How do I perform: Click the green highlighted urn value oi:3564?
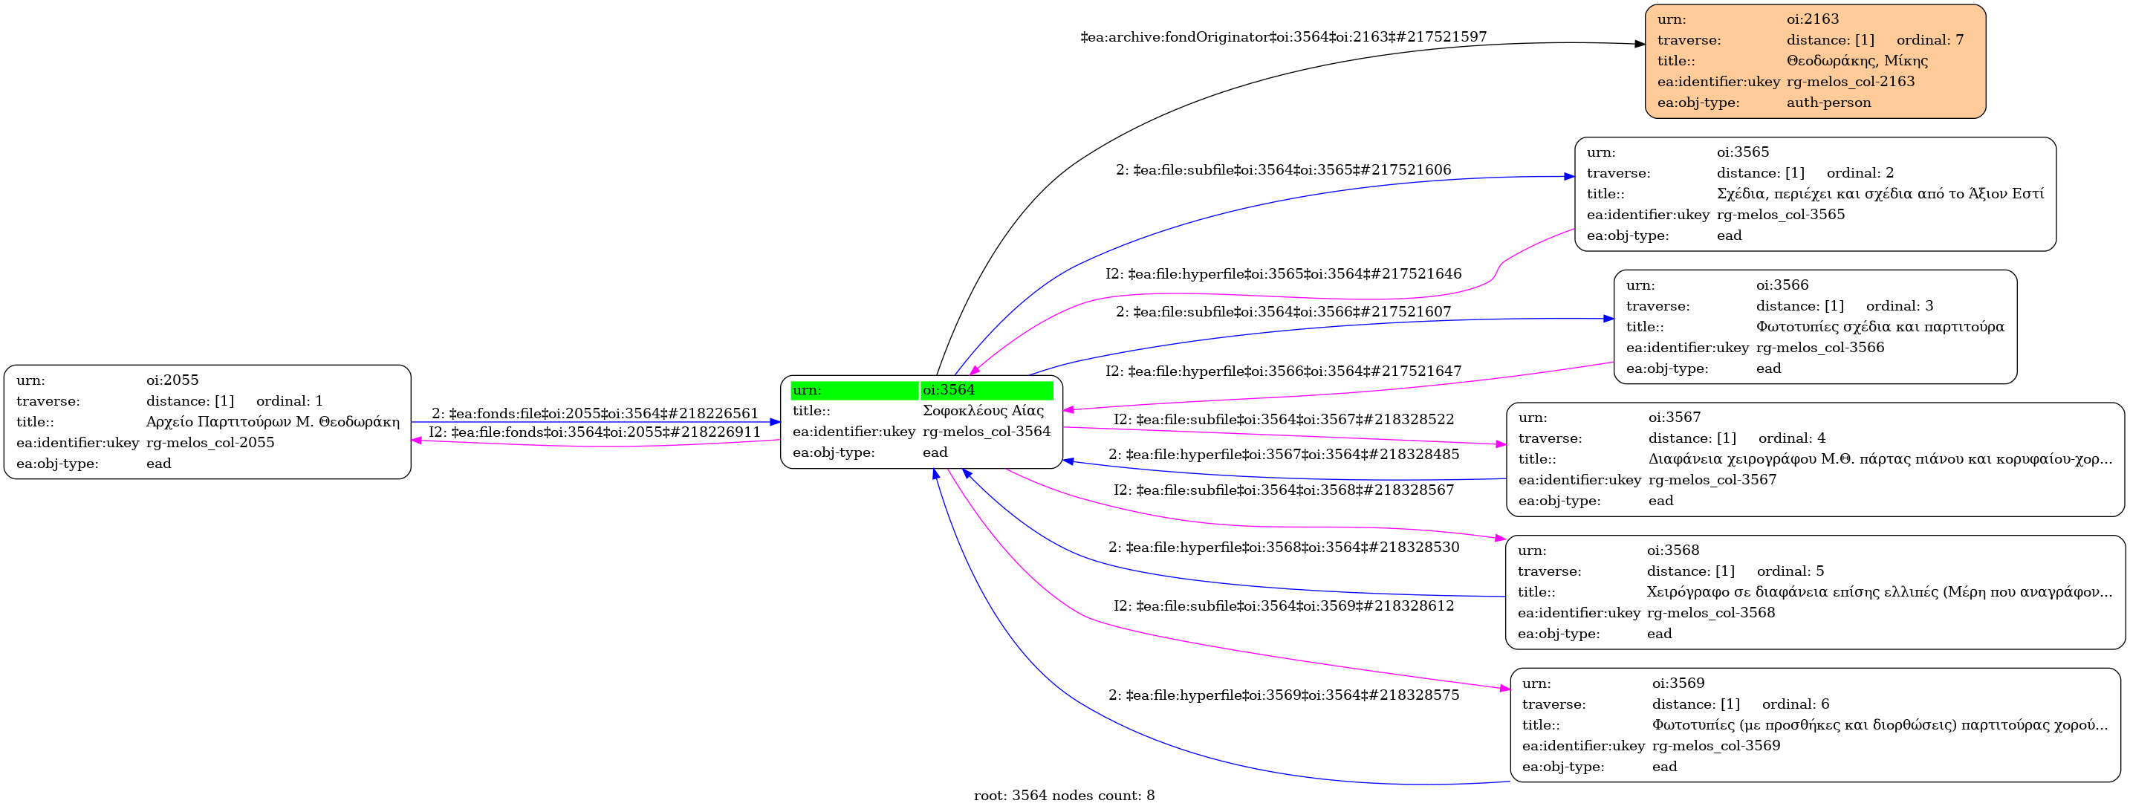(x=949, y=390)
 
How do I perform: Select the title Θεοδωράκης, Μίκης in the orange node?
(x=1857, y=61)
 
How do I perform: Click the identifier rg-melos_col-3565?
(x=1780, y=215)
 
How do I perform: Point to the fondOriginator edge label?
(x=1283, y=37)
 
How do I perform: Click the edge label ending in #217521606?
(x=1283, y=170)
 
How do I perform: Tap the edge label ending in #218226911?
(x=594, y=432)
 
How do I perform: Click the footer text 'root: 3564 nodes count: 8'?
(x=1064, y=796)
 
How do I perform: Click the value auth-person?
(x=1828, y=103)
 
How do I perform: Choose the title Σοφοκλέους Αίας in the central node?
(x=983, y=411)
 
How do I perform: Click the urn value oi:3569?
(x=1678, y=683)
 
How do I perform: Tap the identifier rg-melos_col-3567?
(x=1712, y=480)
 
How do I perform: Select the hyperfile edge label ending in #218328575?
(x=1283, y=695)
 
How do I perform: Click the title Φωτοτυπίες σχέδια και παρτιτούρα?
(x=1880, y=327)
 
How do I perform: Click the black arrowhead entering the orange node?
(x=1640, y=44)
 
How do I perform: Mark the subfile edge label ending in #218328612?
(x=1283, y=606)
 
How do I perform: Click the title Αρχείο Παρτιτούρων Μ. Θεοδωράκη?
(x=273, y=422)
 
